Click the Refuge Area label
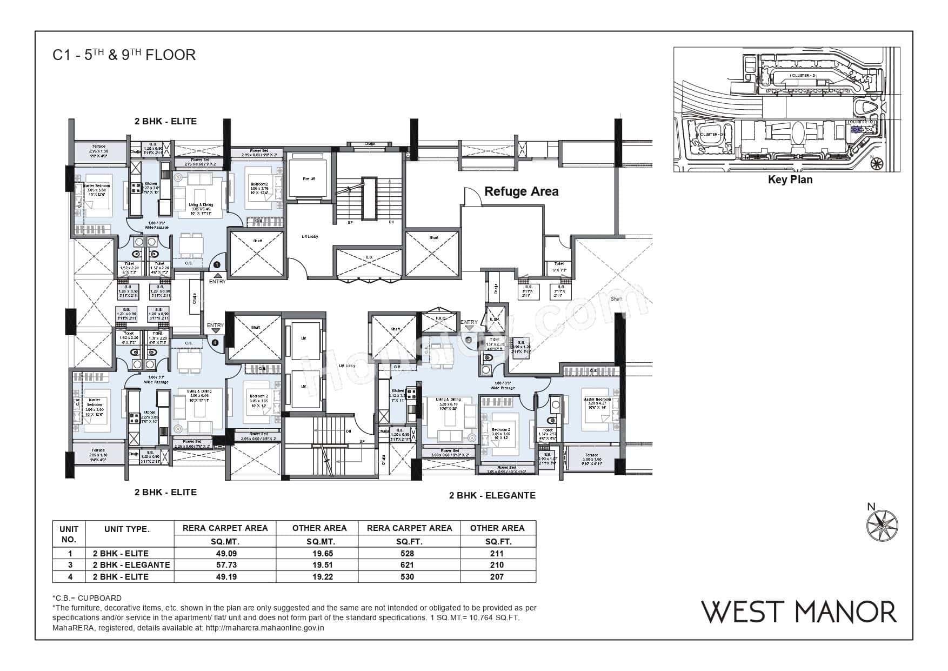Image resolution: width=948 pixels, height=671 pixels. (521, 191)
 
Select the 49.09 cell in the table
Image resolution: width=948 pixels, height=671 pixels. (225, 553)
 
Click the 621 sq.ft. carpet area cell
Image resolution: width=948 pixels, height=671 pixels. (409, 564)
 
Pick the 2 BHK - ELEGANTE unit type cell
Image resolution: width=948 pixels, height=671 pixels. (131, 564)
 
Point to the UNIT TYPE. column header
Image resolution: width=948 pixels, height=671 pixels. (126, 529)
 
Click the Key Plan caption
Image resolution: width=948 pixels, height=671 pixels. (790, 180)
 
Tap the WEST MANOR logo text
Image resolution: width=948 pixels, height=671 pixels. (799, 612)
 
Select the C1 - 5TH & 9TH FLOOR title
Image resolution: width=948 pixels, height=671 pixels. (124, 55)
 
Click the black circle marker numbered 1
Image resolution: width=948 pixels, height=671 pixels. (216, 264)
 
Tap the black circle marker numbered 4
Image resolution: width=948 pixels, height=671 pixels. (215, 342)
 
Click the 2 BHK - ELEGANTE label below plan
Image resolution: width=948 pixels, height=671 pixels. (492, 495)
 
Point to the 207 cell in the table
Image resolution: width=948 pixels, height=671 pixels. (497, 576)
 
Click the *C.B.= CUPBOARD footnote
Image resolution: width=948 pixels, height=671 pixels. (87, 598)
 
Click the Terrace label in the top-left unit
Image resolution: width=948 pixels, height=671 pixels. (98, 147)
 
